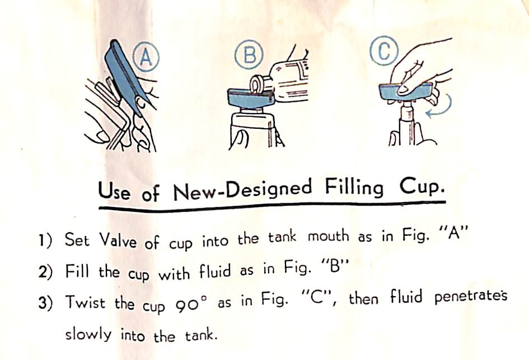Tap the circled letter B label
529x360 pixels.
tap(249, 55)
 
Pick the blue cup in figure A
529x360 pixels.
tap(126, 77)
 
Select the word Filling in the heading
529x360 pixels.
tap(354, 188)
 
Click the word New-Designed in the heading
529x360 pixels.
tap(242, 190)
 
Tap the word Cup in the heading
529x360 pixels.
tap(420, 186)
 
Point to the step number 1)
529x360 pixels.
tap(45, 240)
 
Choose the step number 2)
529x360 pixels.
tap(45, 272)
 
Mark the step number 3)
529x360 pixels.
tap(46, 303)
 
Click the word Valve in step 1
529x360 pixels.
tap(118, 241)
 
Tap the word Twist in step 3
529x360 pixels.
tap(85, 302)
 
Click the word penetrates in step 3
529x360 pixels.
tap(471, 297)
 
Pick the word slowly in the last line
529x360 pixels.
tap(88, 335)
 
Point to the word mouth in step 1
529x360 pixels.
tap(328, 236)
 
